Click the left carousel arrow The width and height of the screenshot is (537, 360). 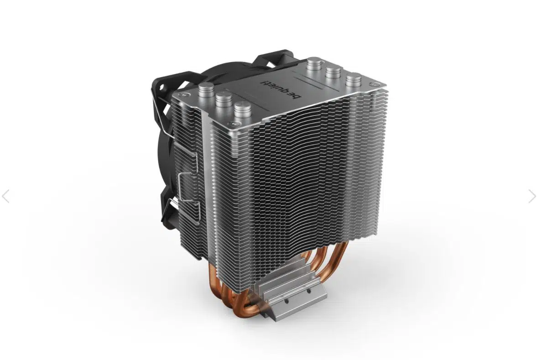pyautogui.click(x=5, y=196)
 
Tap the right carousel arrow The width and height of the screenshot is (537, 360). pyautogui.click(x=532, y=196)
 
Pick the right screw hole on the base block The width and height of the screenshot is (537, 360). pyautogui.click(x=308, y=291)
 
